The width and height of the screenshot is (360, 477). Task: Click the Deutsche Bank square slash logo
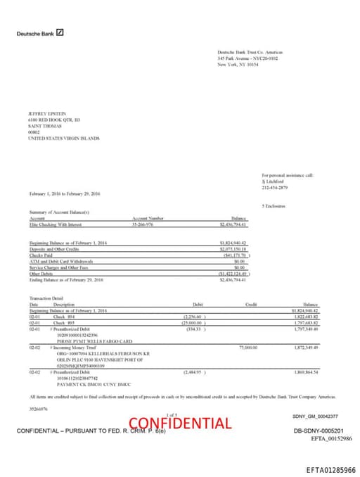click(x=60, y=32)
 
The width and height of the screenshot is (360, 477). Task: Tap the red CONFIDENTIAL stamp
click(x=180, y=423)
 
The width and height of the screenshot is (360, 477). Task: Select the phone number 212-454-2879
click(x=274, y=188)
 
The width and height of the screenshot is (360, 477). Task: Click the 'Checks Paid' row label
click(x=41, y=255)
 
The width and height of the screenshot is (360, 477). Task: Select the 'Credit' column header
click(x=250, y=304)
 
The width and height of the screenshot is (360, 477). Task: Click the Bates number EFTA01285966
click(x=331, y=469)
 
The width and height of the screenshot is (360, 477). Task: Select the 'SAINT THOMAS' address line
click(x=43, y=125)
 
